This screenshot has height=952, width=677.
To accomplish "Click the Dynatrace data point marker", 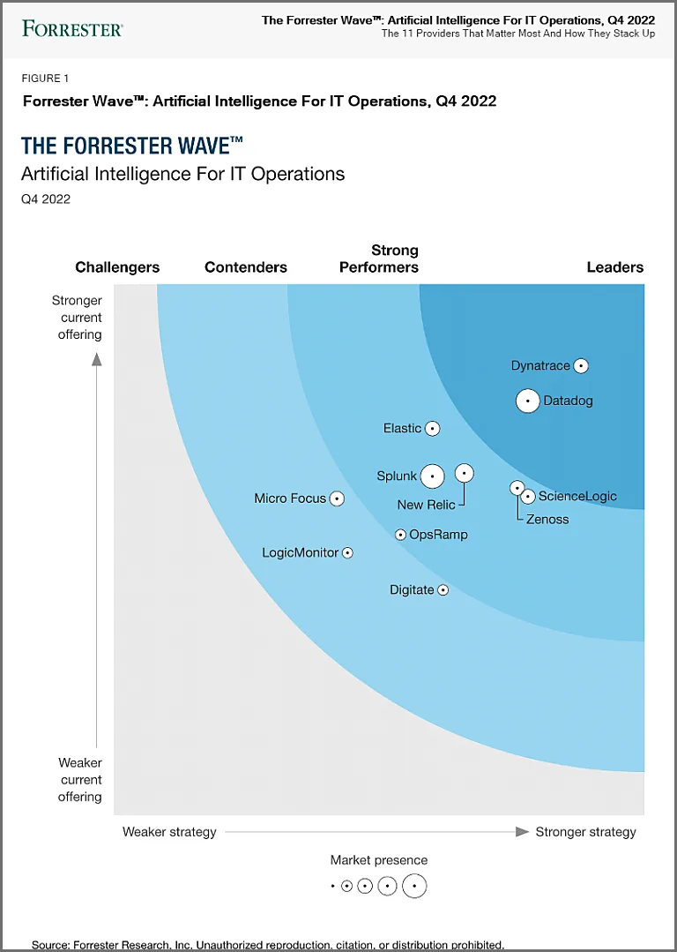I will (x=581, y=366).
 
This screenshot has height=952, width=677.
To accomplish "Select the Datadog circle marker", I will (x=527, y=401).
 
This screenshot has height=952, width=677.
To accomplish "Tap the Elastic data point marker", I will (x=432, y=429).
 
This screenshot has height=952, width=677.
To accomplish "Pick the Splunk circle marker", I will (x=432, y=476).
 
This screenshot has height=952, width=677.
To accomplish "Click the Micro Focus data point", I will (x=336, y=498).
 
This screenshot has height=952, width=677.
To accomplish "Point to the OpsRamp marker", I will (x=400, y=535).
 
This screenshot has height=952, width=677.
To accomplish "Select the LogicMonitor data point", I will (x=347, y=553).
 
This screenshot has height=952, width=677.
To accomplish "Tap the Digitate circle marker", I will (x=443, y=590).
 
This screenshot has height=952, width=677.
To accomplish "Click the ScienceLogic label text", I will (x=577, y=496).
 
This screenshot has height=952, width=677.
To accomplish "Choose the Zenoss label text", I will (x=547, y=519).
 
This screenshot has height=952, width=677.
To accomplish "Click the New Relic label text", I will (x=426, y=505).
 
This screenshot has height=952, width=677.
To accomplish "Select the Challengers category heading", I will (x=117, y=267).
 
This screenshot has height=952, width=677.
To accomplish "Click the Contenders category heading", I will (x=246, y=267).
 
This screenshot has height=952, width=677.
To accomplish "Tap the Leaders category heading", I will (x=615, y=267).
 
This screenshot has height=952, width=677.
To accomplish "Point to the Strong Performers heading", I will (x=379, y=259).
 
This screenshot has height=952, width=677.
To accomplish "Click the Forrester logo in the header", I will (x=72, y=28).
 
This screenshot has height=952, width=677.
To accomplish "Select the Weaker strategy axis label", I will (x=169, y=832).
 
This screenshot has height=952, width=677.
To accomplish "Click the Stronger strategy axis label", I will (x=585, y=832).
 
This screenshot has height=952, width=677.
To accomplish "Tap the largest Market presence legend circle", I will (x=414, y=886).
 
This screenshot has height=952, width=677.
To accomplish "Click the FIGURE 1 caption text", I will (x=46, y=79).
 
